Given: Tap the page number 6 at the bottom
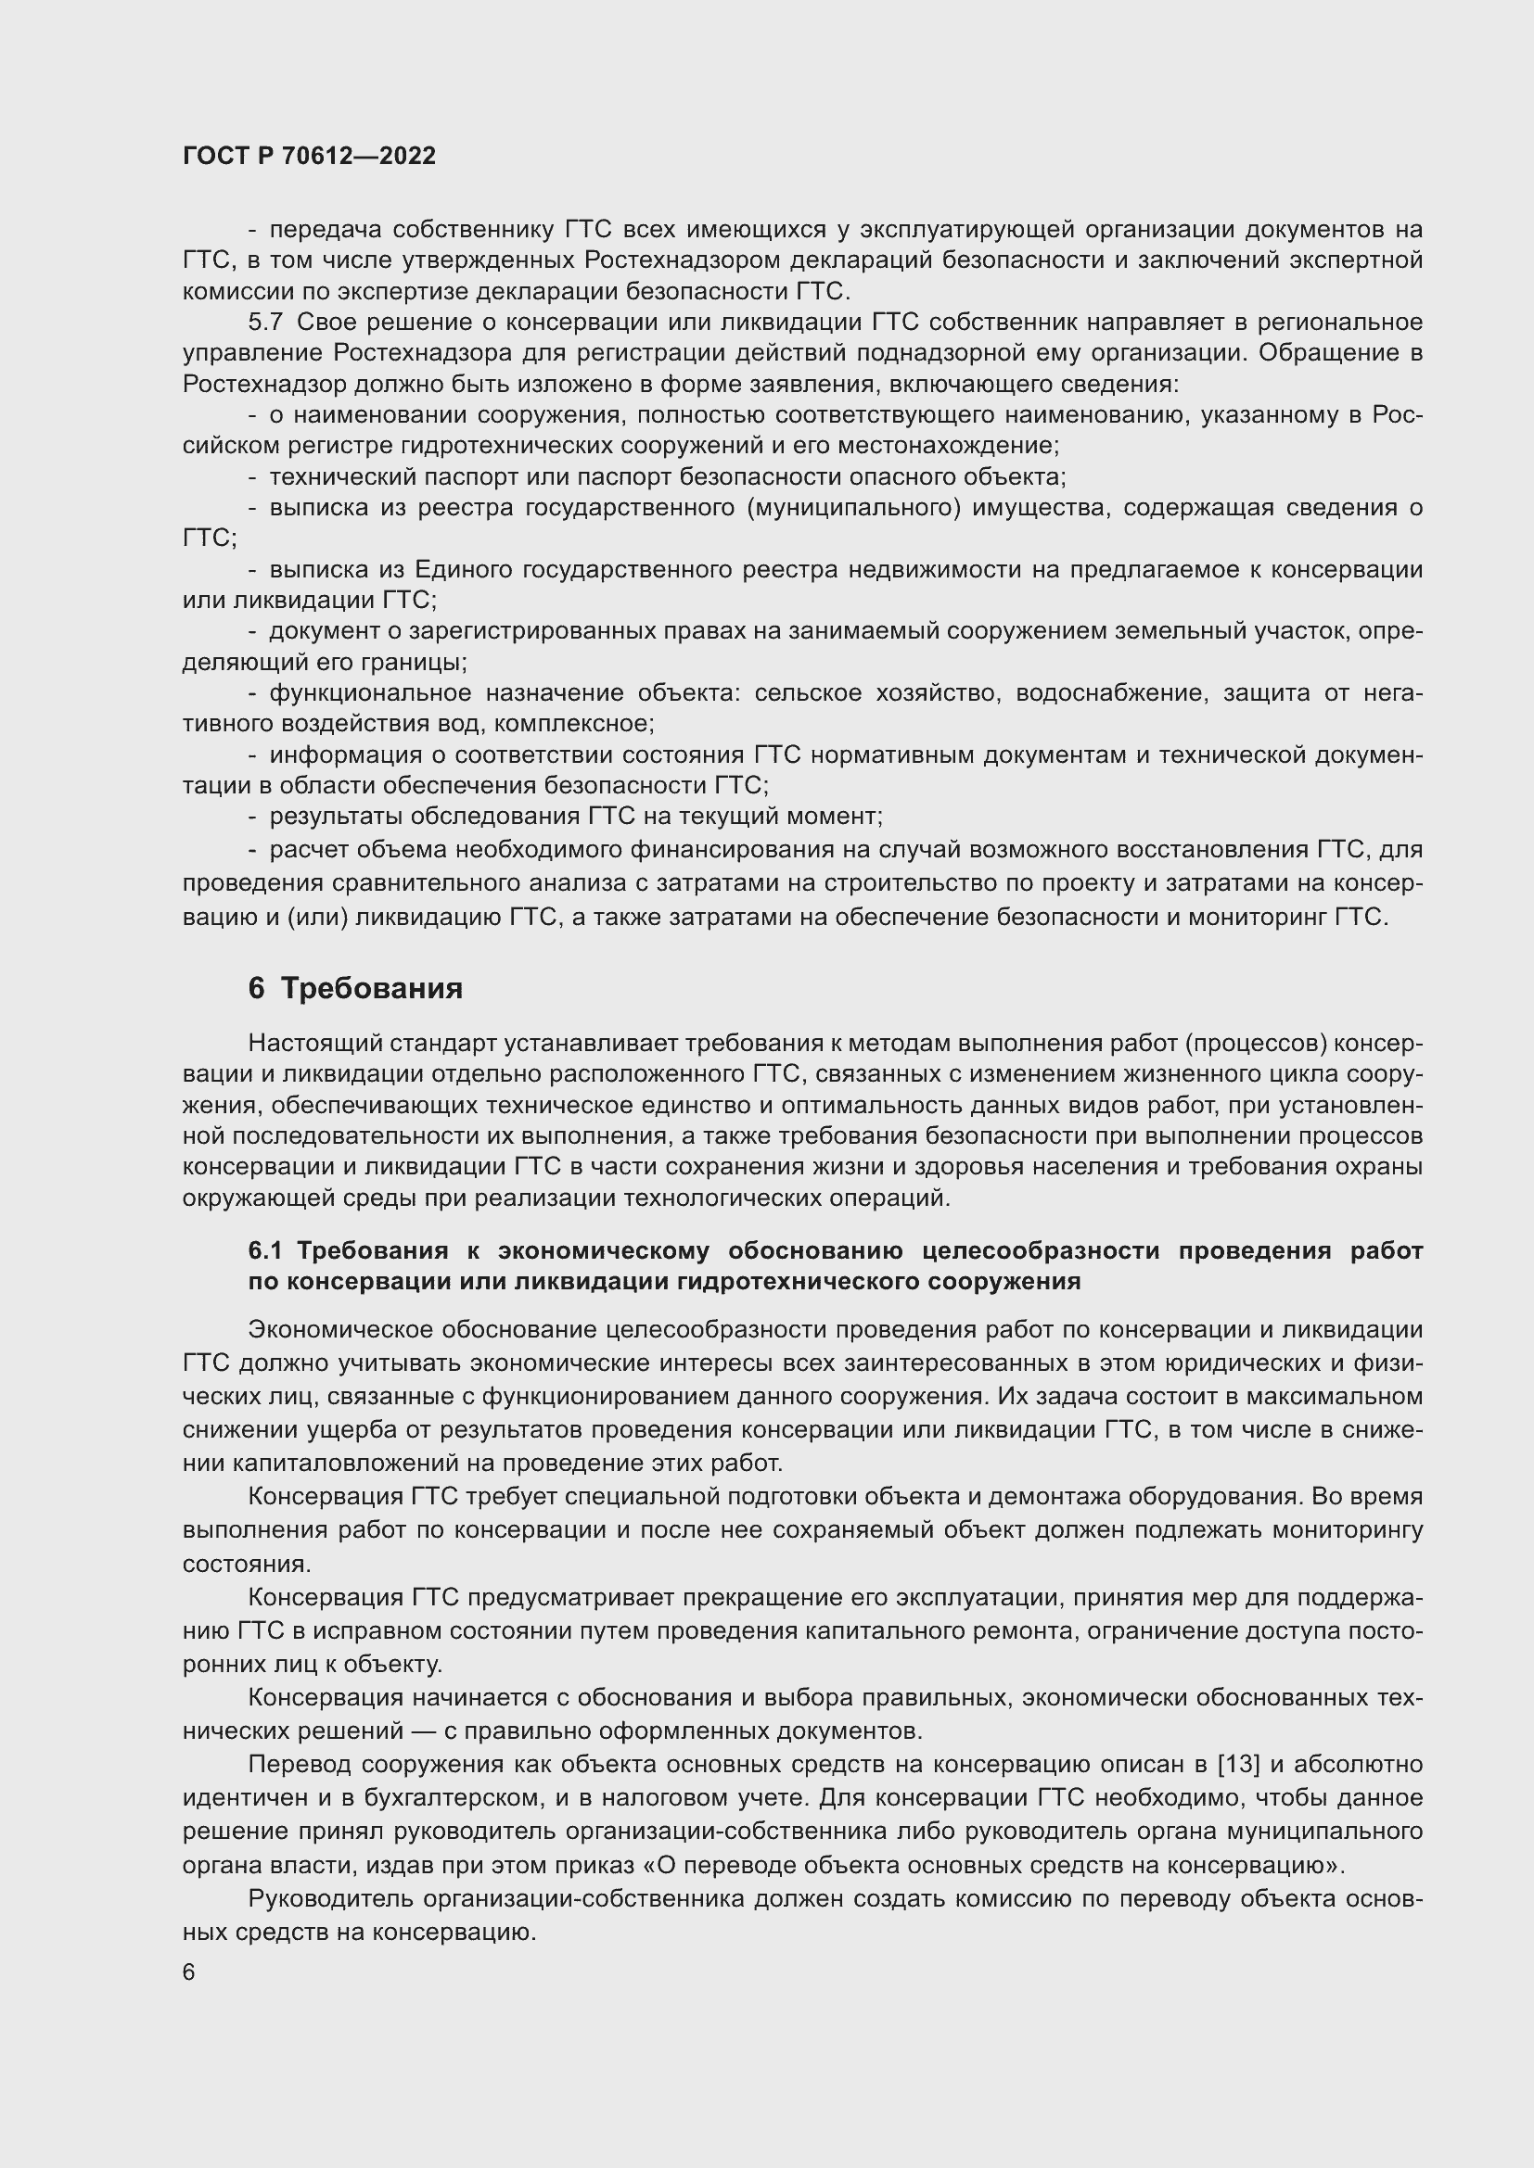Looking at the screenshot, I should pos(189,1972).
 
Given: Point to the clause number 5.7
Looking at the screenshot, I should pos(265,322).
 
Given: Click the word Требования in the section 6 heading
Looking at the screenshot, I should pos(372,989).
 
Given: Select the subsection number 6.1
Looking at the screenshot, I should pos(267,1251).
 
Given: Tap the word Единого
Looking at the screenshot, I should pos(462,569).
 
